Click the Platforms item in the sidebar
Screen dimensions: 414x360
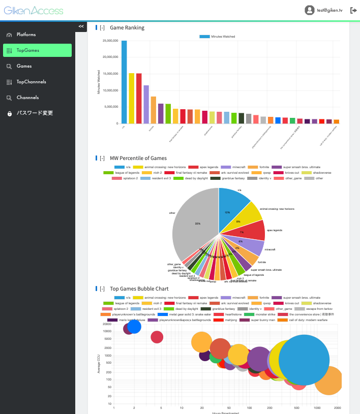pyautogui.click(x=26, y=35)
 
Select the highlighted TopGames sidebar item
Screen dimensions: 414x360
pyautogui.click(x=28, y=50)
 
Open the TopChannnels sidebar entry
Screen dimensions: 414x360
pyautogui.click(x=31, y=82)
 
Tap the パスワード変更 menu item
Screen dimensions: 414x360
pyautogui.click(x=35, y=113)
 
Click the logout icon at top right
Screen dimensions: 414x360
pyautogui.click(x=353, y=10)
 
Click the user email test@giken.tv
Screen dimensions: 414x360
pyautogui.click(x=329, y=10)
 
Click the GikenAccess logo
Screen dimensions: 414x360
pyautogui.click(x=34, y=10)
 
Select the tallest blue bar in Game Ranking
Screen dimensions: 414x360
pyautogui.click(x=124, y=81)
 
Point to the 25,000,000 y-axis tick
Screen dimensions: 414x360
pyautogui.click(x=110, y=41)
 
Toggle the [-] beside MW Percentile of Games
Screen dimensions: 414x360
pyautogui.click(x=102, y=158)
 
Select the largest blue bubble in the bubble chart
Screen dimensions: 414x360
pyautogui.click(x=304, y=361)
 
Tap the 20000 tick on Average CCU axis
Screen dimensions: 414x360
pyautogui.click(x=107, y=324)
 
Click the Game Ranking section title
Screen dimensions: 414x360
pyautogui.click(x=127, y=27)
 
